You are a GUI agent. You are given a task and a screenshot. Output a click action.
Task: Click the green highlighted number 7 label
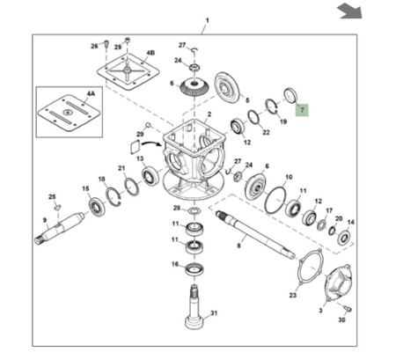tap(302, 110)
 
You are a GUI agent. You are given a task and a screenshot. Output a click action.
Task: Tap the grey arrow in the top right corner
tap(349, 11)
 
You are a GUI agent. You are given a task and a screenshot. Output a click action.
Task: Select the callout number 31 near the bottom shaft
tap(214, 313)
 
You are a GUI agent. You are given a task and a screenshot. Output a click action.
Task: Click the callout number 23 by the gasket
tap(293, 295)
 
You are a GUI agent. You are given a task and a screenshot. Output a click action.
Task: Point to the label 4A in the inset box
tap(91, 93)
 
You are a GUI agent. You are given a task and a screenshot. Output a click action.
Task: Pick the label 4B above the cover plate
tap(150, 53)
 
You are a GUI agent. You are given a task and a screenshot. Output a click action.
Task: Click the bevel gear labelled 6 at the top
tap(194, 86)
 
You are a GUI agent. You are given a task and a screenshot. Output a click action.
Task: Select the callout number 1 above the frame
tap(208, 20)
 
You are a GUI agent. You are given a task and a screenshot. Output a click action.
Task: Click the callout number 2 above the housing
tap(209, 114)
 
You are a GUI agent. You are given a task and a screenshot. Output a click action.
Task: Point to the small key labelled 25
tap(57, 208)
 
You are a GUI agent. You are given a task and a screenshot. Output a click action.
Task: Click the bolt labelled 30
tap(348, 309)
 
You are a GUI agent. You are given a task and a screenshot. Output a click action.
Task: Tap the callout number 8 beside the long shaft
tap(238, 246)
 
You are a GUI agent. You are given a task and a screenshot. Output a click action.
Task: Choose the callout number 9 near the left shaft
tap(45, 220)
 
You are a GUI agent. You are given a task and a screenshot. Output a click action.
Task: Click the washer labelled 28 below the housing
tap(194, 210)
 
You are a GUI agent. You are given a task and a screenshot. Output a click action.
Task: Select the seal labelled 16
tap(195, 269)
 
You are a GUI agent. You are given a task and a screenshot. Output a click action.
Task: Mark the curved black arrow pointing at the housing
tap(152, 143)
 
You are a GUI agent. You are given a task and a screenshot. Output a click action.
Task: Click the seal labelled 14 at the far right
tap(344, 238)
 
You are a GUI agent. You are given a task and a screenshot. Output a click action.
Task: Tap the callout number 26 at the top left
tap(94, 46)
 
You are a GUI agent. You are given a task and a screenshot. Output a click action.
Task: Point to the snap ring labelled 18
tap(114, 196)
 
